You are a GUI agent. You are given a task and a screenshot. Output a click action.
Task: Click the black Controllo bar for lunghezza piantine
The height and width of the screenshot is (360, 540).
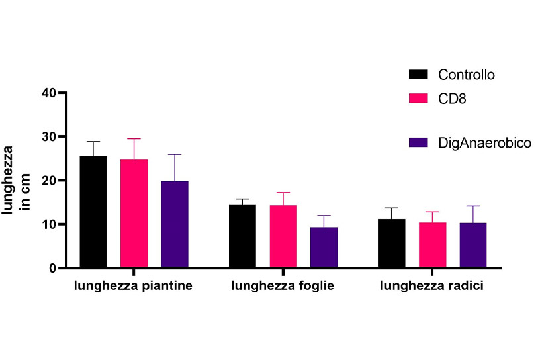click(93, 212)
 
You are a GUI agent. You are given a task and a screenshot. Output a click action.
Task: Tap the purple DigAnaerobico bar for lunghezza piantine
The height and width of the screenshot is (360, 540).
click(175, 224)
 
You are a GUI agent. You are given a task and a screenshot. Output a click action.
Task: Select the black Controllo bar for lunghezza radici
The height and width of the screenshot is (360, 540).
click(392, 244)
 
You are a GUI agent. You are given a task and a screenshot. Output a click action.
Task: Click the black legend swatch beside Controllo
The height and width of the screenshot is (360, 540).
click(419, 74)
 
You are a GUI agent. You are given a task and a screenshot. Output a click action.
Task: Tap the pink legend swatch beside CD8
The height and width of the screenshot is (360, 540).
click(419, 98)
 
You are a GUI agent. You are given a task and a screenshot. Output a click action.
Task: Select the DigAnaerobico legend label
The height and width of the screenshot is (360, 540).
click(484, 142)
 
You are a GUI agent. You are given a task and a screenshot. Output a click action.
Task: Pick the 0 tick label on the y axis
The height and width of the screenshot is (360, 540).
click(51, 268)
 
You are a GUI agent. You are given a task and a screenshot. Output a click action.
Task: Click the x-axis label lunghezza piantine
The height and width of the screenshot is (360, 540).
click(134, 287)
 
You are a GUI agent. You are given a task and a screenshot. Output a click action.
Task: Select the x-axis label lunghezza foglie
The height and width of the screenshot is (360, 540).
click(283, 287)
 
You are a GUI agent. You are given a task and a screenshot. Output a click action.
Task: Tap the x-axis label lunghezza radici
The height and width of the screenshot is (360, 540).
click(432, 287)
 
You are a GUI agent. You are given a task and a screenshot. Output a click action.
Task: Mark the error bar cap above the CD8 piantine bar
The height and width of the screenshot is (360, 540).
click(134, 138)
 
